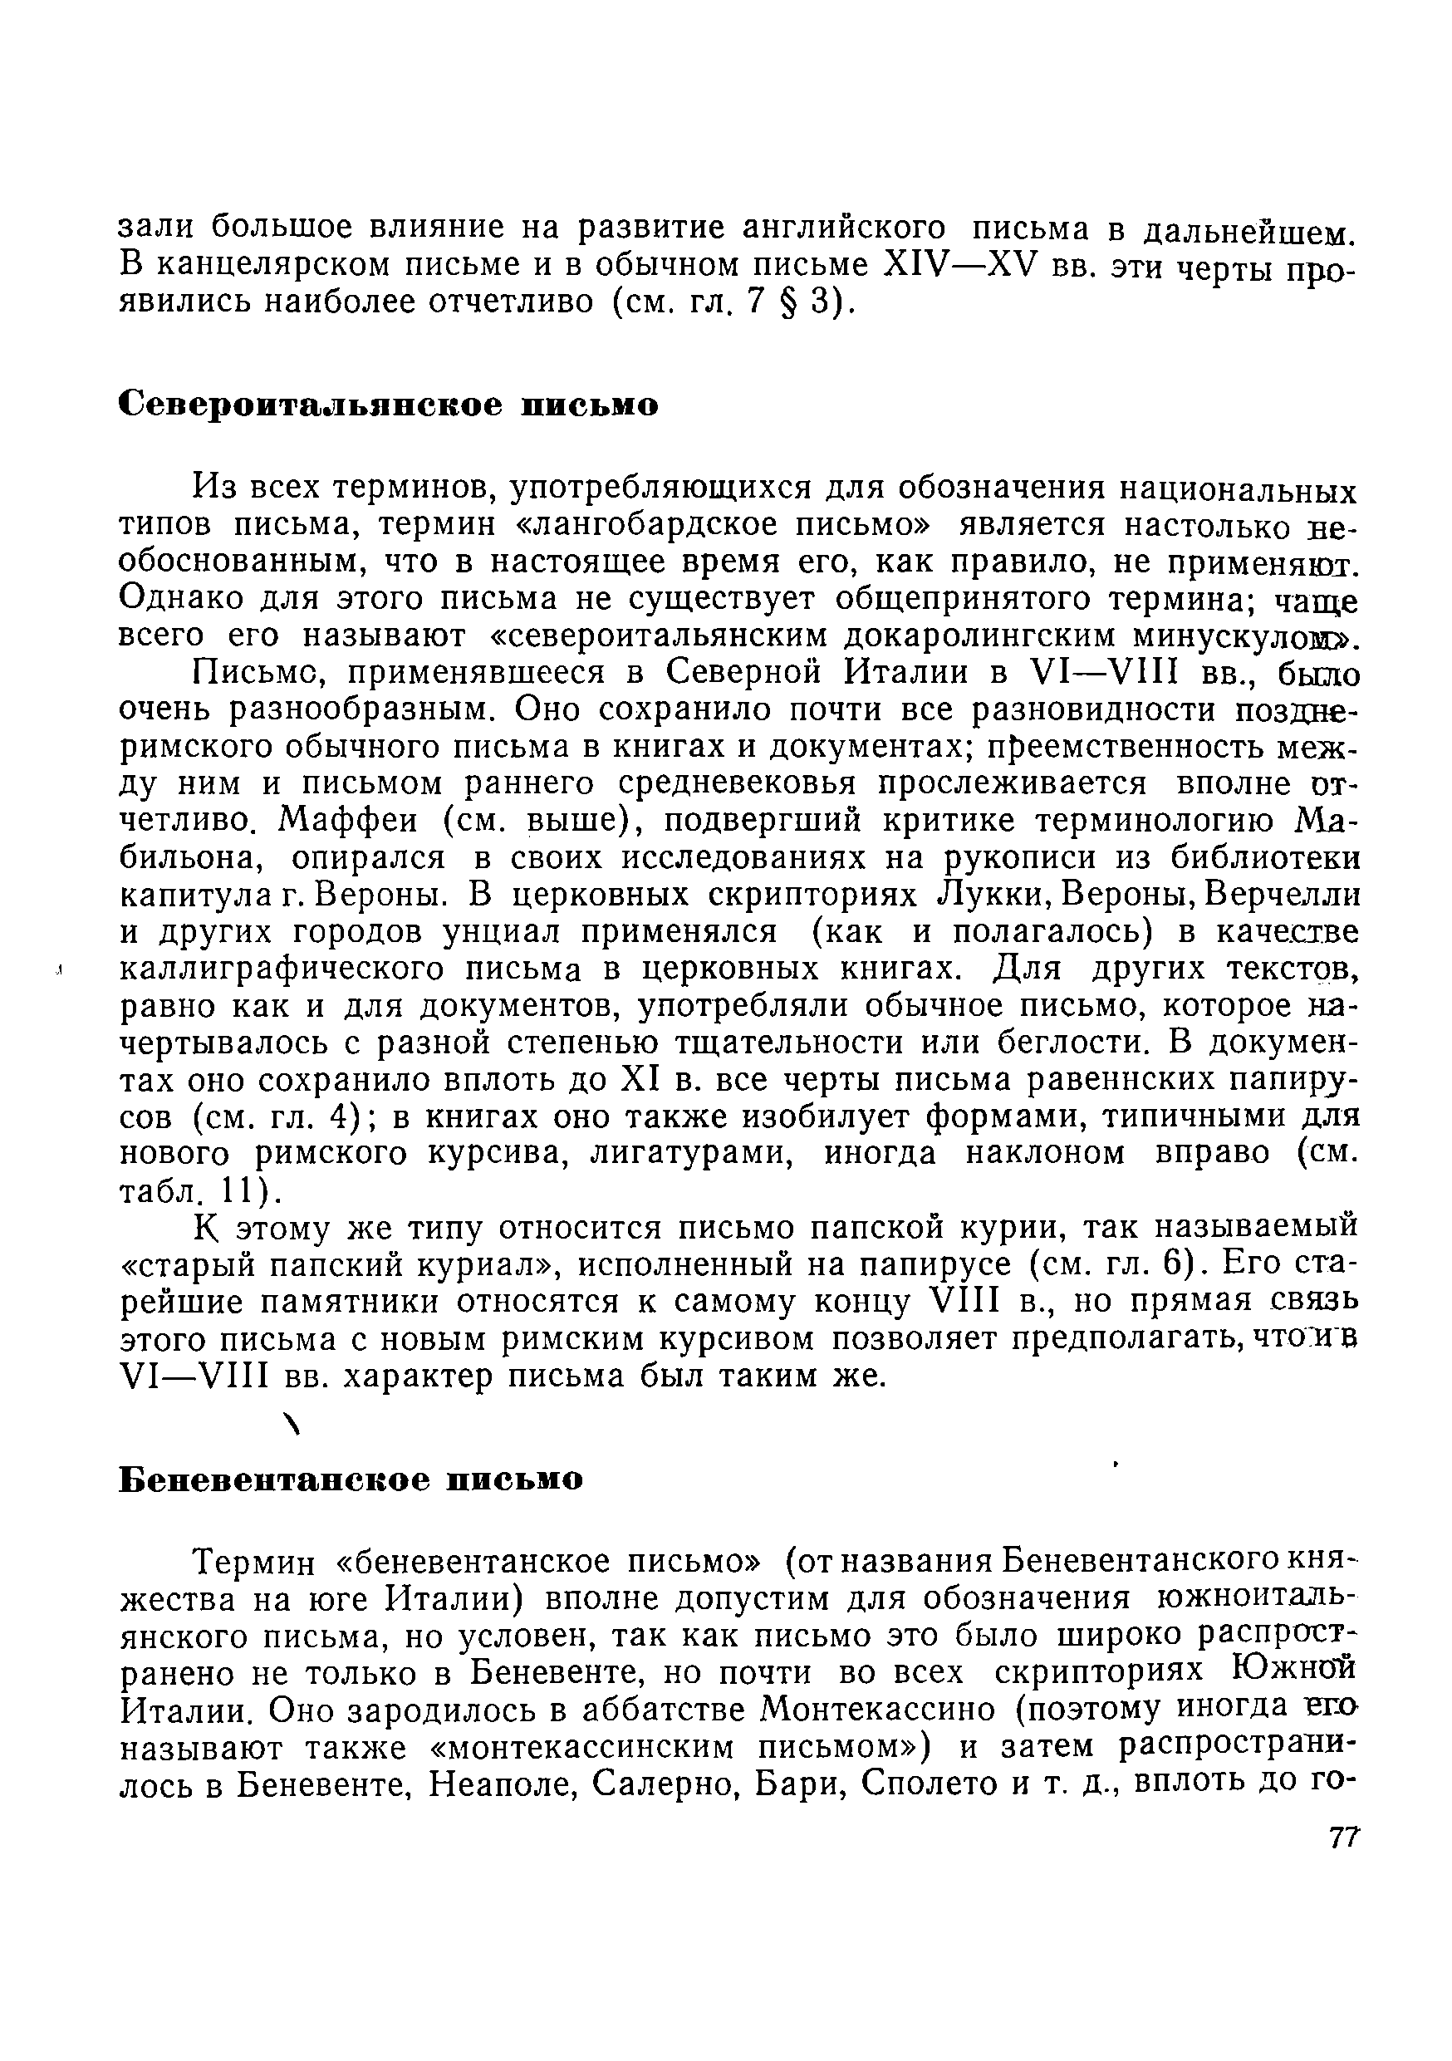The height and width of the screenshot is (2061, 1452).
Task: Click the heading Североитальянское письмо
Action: click(389, 405)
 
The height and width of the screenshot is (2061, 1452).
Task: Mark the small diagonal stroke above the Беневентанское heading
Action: click(289, 1422)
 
